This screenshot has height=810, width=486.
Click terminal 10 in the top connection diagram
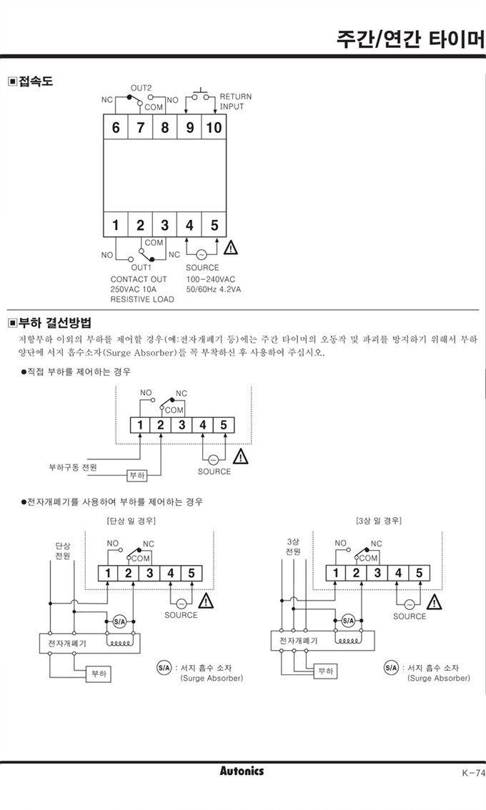click(x=214, y=127)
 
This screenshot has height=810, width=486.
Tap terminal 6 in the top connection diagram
click(x=115, y=127)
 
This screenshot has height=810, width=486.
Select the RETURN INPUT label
click(x=236, y=101)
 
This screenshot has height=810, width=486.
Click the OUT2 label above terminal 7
click(x=141, y=88)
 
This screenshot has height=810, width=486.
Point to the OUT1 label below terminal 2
click(x=141, y=268)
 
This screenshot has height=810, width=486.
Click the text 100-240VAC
click(x=210, y=279)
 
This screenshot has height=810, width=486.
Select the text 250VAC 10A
click(x=134, y=289)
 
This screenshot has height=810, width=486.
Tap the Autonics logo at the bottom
click(x=242, y=771)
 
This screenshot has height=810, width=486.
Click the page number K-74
click(x=474, y=774)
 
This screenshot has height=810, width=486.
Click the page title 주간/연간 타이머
click(x=410, y=39)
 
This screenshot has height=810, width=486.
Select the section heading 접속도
click(x=31, y=81)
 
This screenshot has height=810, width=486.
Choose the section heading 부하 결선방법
click(x=50, y=323)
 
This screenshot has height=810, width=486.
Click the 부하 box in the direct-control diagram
click(x=137, y=475)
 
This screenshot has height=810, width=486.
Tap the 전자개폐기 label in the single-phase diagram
click(x=67, y=643)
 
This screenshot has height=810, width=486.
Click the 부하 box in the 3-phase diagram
click(x=326, y=671)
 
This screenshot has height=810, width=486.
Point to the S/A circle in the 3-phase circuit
click(x=348, y=621)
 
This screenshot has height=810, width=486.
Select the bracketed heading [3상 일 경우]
click(x=379, y=520)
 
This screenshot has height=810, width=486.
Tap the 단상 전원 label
click(x=63, y=551)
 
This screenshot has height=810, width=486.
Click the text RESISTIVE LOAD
click(x=142, y=299)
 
